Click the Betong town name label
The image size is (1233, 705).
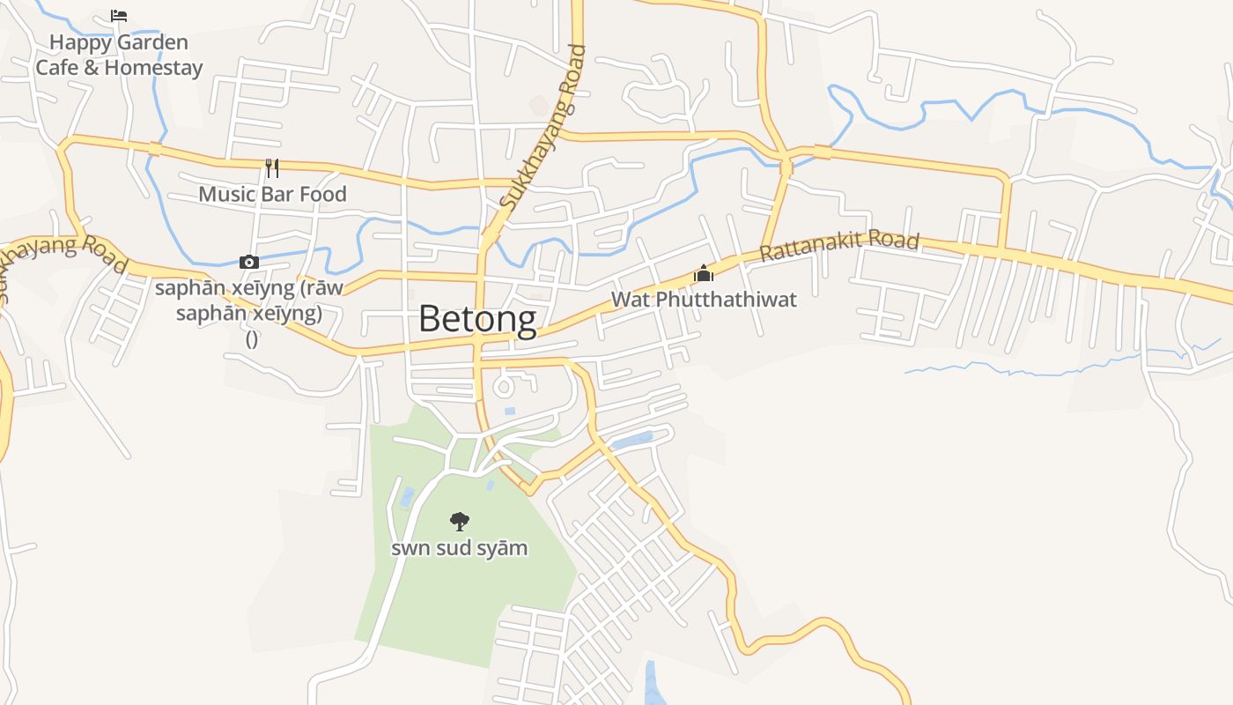pyautogui.click(x=476, y=318)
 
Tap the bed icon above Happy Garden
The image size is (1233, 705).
pyautogui.click(x=119, y=15)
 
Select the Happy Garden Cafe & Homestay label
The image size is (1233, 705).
pyautogui.click(x=119, y=55)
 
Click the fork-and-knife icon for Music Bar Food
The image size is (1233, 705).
pyautogui.click(x=272, y=167)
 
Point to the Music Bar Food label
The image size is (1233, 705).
pyautogui.click(x=272, y=194)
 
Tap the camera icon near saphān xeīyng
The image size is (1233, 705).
pyautogui.click(x=249, y=262)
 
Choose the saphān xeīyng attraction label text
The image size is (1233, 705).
pyautogui.click(x=249, y=301)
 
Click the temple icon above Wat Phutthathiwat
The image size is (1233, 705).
pyautogui.click(x=703, y=273)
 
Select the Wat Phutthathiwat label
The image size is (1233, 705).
pyautogui.click(x=703, y=300)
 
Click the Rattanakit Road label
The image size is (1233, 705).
pyautogui.click(x=839, y=245)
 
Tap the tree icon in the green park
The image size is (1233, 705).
pyautogui.click(x=459, y=521)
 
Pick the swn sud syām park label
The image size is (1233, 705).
pyautogui.click(x=459, y=548)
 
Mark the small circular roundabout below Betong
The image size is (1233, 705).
pyautogui.click(x=505, y=386)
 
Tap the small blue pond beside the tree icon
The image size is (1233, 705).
pyautogui.click(x=407, y=498)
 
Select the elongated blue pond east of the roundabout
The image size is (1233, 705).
pyautogui.click(x=632, y=440)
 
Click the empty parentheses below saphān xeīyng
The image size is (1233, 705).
pyautogui.click(x=251, y=340)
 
